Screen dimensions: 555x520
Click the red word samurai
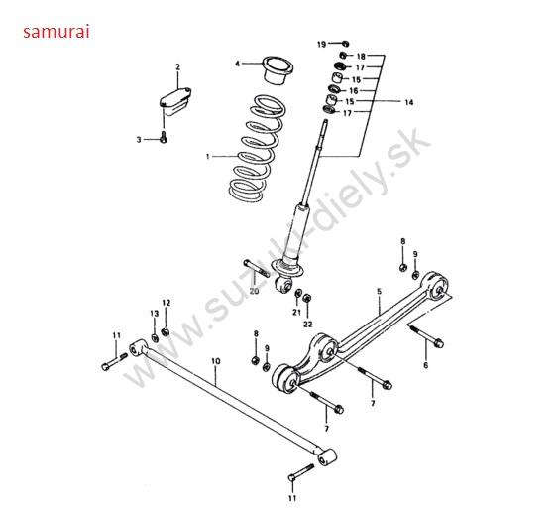coord(56,32)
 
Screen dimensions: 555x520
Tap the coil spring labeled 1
coord(258,149)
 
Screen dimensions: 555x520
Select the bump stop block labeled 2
coord(175,102)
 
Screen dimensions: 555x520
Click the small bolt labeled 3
coord(164,137)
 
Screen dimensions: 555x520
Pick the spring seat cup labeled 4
coord(278,70)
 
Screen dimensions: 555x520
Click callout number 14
coord(408,102)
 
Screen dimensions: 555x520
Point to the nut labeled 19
coord(345,44)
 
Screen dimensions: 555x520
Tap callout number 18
coord(361,56)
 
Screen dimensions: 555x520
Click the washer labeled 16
coord(334,88)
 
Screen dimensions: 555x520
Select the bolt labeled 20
coord(257,268)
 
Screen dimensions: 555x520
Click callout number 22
coord(307,324)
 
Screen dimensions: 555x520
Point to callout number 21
coord(296,312)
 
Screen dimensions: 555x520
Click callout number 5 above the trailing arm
coord(379,291)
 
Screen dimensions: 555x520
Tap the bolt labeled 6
coord(427,335)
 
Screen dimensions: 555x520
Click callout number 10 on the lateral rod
coord(216,361)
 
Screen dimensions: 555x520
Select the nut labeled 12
coord(165,332)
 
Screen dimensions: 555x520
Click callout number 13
coord(155,314)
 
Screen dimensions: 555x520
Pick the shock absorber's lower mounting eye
coord(283,285)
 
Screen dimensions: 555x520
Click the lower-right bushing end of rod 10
coord(326,457)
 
